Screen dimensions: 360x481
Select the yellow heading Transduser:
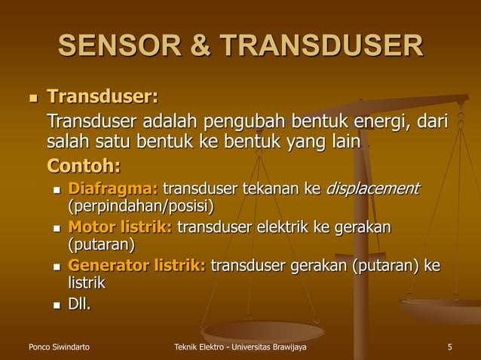click(x=103, y=97)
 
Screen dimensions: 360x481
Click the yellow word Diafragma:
click(x=113, y=188)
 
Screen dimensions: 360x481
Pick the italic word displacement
click(x=372, y=188)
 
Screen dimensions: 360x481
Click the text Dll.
click(x=79, y=304)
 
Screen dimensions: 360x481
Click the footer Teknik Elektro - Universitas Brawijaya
click(x=240, y=346)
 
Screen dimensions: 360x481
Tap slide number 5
click(x=449, y=346)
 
